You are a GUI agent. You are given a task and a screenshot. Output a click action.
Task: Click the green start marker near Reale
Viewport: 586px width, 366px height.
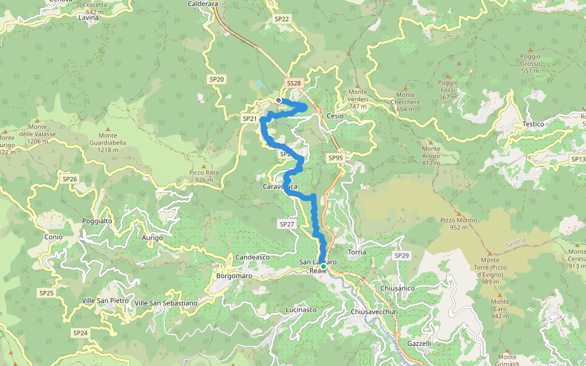pos(324,266)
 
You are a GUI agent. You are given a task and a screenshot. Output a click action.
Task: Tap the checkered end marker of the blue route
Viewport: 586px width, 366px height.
pos(278,100)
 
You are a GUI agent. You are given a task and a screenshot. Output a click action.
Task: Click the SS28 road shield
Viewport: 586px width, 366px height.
pos(294,83)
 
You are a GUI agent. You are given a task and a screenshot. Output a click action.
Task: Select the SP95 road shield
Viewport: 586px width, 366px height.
pos(336,158)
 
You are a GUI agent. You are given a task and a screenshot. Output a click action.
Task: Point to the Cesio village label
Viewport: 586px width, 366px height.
pos(335,116)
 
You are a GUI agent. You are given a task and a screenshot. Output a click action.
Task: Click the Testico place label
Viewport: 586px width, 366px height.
pos(533,124)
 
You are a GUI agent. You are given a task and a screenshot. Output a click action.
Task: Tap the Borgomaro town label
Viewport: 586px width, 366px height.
pos(234,276)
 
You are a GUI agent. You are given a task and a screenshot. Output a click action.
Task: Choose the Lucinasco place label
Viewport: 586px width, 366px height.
pos(301,310)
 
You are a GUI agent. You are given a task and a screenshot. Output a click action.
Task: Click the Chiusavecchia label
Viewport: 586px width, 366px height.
pos(374,312)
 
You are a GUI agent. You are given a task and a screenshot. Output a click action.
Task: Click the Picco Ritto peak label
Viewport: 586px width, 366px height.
pos(204,176)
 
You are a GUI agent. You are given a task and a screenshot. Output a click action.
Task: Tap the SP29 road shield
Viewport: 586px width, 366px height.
pos(401,255)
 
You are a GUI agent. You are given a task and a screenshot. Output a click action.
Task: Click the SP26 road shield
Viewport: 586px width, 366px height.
pos(70,179)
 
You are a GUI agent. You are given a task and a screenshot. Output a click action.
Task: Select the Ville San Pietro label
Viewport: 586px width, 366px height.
pos(105,300)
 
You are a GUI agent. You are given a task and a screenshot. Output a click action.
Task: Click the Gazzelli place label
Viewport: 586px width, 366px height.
pos(419,343)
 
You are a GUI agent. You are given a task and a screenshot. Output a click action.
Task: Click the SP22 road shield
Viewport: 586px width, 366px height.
pos(281,19)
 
